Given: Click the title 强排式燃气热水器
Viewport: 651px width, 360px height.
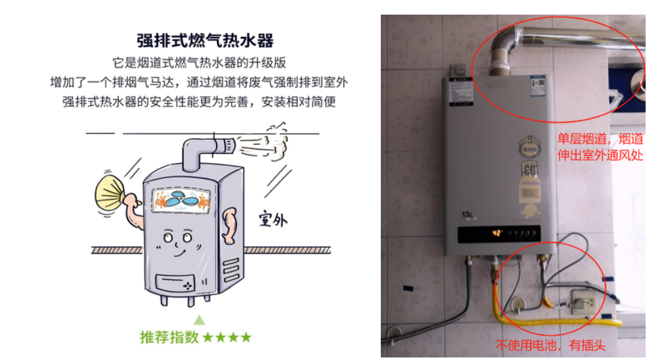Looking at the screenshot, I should click(205, 41).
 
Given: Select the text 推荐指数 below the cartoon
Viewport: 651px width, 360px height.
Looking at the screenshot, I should click(170, 337).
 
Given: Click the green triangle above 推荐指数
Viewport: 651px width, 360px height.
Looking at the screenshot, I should click(200, 319).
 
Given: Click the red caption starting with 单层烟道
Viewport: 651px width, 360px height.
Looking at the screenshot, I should click(600, 147).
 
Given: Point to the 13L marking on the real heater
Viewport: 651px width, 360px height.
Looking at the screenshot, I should click(469, 216).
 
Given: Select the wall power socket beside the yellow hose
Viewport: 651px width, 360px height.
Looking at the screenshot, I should click(582, 301).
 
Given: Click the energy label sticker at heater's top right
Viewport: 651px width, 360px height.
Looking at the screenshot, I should click(538, 85).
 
